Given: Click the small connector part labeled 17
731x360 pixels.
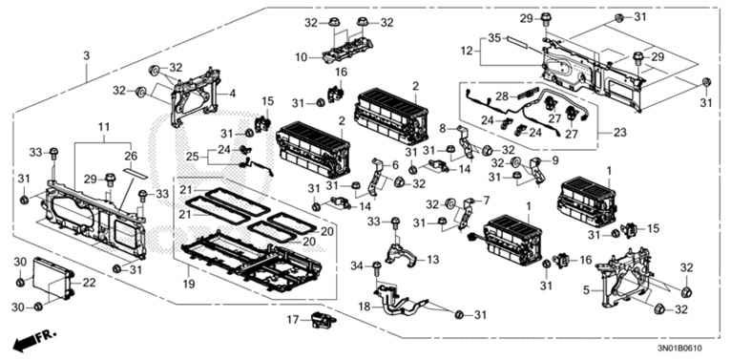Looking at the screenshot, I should point(321,322).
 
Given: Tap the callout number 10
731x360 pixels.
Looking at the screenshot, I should point(302,58).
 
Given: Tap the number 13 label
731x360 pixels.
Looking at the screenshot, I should point(433,260).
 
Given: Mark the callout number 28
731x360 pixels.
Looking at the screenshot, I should point(500,97).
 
